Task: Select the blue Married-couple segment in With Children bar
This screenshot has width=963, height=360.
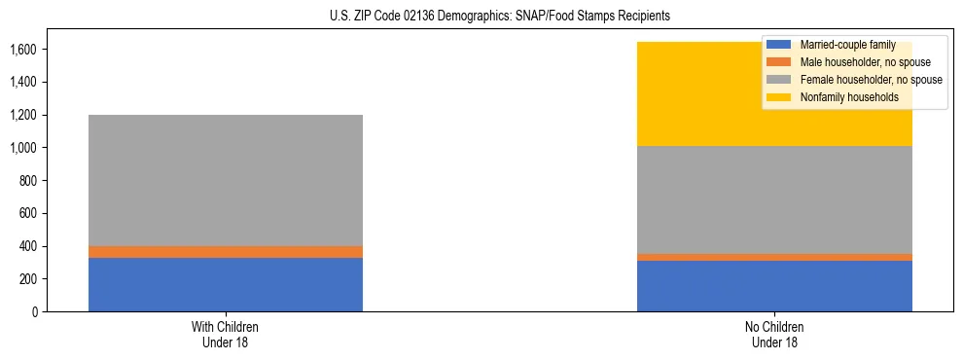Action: point(226,284)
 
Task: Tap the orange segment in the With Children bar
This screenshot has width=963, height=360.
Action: point(226,252)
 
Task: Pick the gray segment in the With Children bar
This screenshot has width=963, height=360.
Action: point(226,180)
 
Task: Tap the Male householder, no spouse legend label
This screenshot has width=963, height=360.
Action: point(851,62)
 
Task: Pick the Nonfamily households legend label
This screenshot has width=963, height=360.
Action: point(841,97)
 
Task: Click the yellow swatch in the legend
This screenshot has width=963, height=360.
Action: point(779,97)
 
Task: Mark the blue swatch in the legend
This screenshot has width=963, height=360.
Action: point(779,45)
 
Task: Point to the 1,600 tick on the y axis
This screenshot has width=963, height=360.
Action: point(24,50)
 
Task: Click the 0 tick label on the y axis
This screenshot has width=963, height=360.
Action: point(35,312)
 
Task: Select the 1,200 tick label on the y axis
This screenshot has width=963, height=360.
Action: point(24,115)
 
